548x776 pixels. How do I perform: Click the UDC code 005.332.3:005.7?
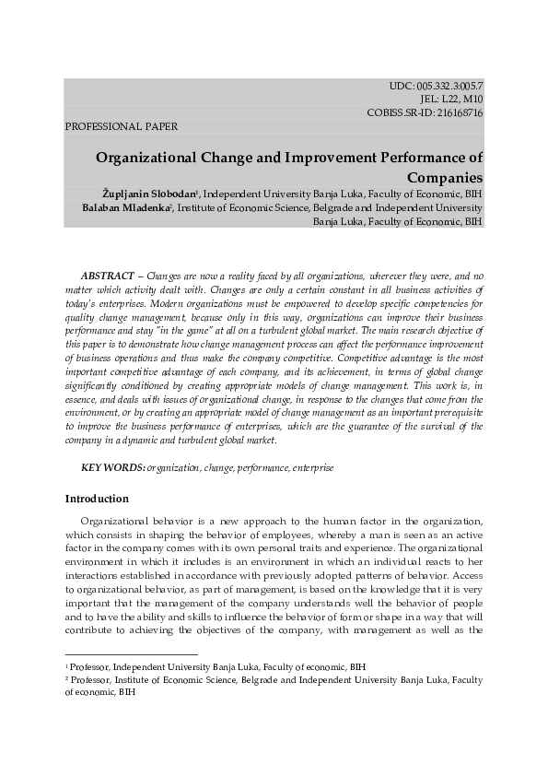[449, 86]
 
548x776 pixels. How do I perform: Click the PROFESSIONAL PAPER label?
[122, 126]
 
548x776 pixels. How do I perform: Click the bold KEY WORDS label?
[113, 468]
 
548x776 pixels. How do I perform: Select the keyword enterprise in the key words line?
[313, 468]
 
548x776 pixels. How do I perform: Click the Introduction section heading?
[97, 499]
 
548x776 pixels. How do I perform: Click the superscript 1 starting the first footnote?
[66, 664]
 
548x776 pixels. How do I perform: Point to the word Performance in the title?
[423, 157]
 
